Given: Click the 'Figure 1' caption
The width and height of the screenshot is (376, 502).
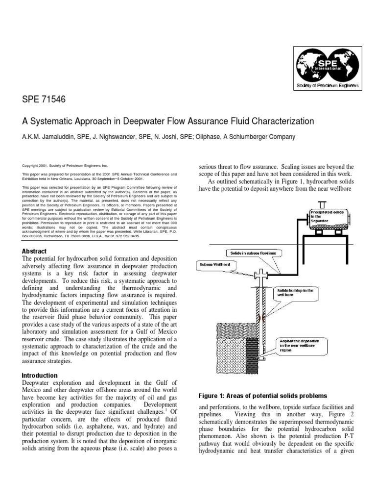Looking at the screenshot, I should (262, 396).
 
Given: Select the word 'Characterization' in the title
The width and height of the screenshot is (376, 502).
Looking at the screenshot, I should (281, 121).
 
